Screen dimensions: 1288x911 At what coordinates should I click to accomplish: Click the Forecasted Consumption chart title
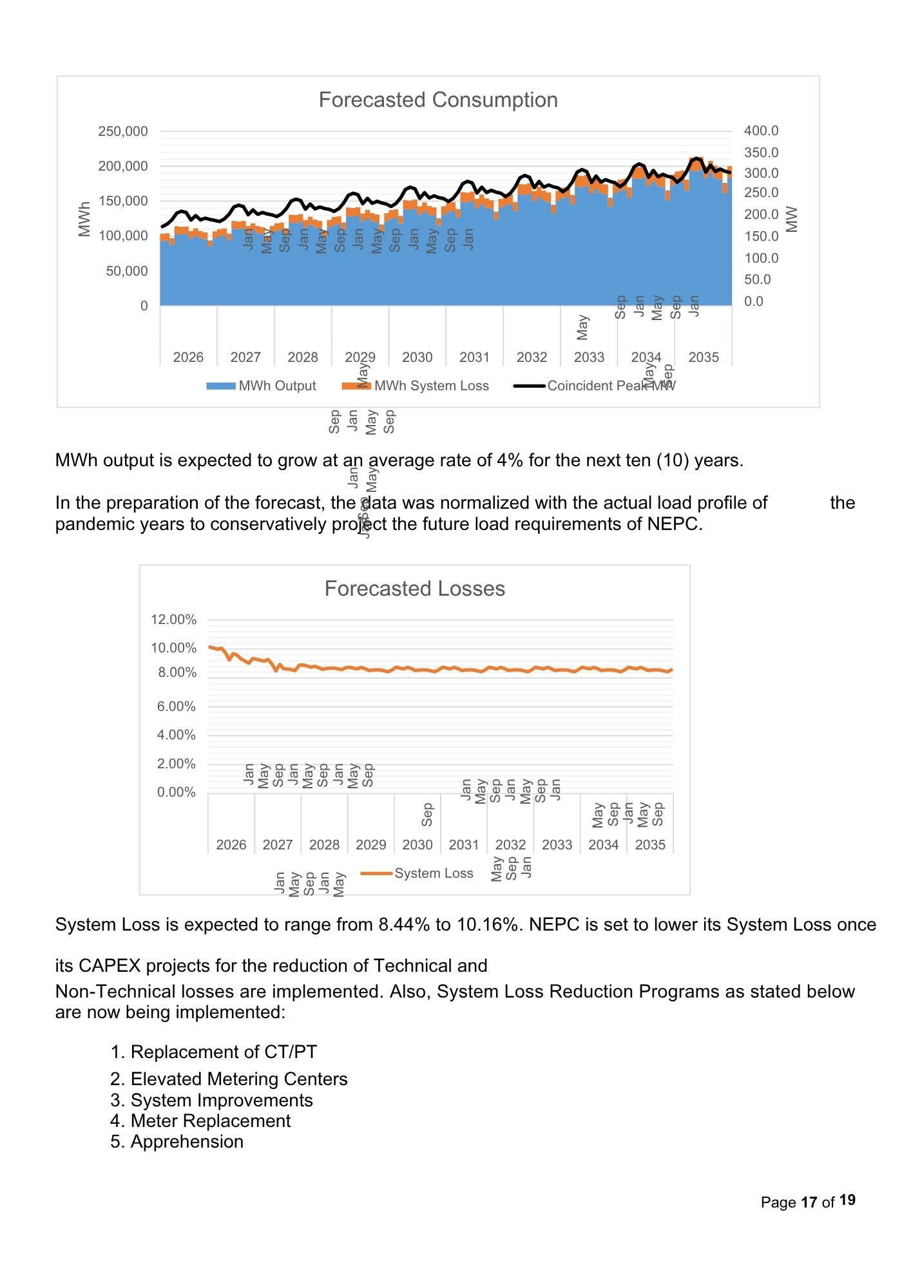[x=438, y=100]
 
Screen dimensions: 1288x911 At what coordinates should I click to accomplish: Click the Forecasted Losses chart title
[x=414, y=589]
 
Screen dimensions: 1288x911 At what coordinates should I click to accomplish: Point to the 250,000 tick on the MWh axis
[x=123, y=131]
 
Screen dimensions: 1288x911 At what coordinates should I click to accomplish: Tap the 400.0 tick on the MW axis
[x=761, y=131]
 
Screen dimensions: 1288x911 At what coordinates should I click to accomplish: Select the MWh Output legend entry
[x=262, y=386]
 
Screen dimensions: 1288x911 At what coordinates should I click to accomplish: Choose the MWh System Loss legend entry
[x=416, y=386]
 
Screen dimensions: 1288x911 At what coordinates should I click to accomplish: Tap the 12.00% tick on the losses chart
[x=173, y=620]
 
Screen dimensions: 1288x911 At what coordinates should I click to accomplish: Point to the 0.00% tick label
[x=176, y=792]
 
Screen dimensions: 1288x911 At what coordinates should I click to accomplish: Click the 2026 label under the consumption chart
[x=188, y=357]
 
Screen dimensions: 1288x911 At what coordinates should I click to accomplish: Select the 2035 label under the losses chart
[x=650, y=845]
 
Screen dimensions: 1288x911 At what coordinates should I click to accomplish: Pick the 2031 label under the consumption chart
[x=474, y=357]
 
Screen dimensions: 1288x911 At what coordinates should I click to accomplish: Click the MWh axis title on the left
[x=84, y=219]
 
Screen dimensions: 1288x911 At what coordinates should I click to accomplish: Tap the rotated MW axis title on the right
[x=792, y=219]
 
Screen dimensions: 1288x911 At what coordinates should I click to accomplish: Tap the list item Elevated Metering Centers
[x=238, y=1079]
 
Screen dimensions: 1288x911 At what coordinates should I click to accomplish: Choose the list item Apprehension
[x=187, y=1141]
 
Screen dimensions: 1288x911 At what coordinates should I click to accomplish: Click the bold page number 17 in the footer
[x=809, y=1202]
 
